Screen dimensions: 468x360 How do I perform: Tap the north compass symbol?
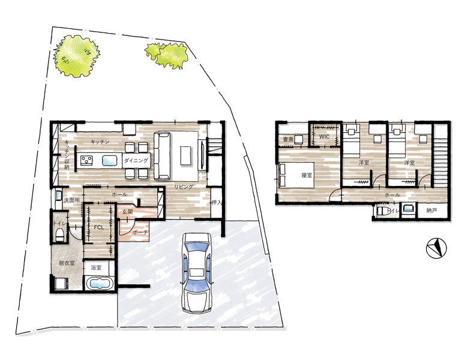pos(436,248)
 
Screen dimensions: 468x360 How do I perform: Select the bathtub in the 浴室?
pos(99,283)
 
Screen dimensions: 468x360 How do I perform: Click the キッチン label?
pos(100,142)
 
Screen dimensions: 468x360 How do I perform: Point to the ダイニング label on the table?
pos(136,161)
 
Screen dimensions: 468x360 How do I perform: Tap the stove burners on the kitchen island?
pos(87,160)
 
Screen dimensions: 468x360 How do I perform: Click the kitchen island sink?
pos(110,160)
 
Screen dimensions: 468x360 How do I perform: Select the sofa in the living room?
pos(162,155)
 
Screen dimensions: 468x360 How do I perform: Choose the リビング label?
pos(184,187)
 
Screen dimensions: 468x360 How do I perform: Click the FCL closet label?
pos(99,227)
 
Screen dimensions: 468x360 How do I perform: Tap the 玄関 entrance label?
pos(127,212)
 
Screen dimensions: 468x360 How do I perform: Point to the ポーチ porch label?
pos(140,232)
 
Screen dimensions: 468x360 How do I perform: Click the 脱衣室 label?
pos(67,263)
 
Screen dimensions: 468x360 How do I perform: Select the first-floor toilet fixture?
pos(59,235)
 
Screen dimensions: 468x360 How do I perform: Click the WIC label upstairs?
pos(324,136)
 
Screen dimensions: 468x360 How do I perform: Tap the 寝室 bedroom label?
pos(307,175)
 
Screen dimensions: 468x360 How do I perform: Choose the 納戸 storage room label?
pos(431,211)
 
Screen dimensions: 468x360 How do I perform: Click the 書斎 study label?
pos(288,139)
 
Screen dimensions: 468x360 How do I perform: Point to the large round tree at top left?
pos(76,56)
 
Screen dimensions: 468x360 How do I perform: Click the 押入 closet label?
pos(217,203)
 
